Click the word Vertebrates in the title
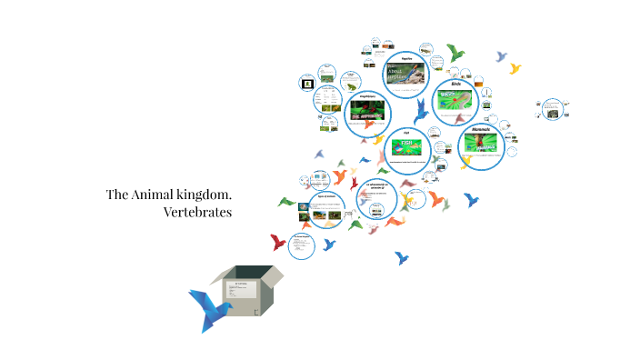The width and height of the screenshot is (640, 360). pos(198,213)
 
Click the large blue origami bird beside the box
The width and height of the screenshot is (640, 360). pos(212,309)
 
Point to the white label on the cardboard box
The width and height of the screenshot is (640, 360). pos(243,291)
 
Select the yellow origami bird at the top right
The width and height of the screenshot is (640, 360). pos(515,68)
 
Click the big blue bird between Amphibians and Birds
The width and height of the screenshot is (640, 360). pos(421,112)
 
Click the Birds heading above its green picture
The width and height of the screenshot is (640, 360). pos(457,84)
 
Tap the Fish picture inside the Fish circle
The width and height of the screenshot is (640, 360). pos(406,148)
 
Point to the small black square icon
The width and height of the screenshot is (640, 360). pos(307,83)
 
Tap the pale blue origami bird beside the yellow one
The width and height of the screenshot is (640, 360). pos(501,56)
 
